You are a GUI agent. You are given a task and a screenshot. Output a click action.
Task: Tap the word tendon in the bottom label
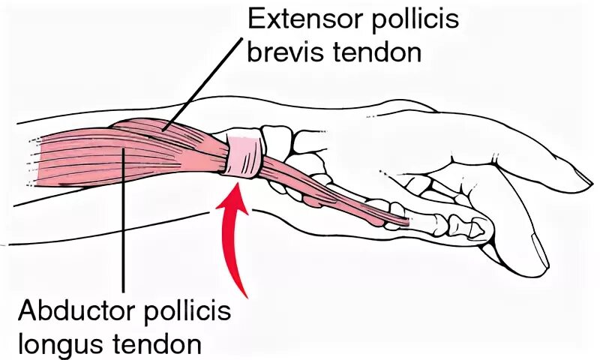coord(160,345)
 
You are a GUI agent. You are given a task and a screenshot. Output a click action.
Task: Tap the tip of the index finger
coord(581,178)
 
